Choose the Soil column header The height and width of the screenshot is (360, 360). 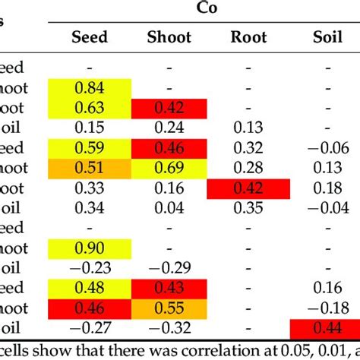tap(328, 36)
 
